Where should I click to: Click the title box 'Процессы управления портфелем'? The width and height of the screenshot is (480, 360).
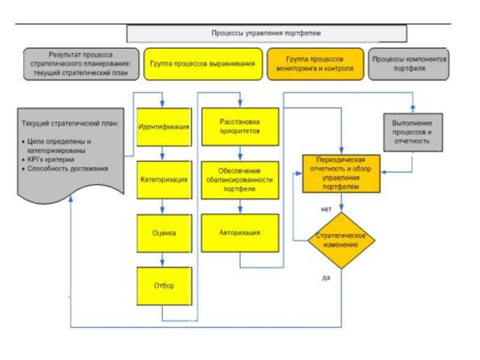point(266,34)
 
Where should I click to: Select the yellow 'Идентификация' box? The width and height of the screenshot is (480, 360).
point(164,127)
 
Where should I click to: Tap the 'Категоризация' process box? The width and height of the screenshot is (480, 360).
point(164,180)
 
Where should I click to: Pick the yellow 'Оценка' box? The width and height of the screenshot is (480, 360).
point(164,233)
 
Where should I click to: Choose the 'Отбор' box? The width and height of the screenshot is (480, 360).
point(164,286)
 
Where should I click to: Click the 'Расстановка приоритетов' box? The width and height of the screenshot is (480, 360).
point(240,127)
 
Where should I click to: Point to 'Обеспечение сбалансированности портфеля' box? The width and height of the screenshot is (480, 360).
point(240,180)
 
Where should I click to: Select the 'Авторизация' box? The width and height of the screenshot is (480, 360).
point(240,233)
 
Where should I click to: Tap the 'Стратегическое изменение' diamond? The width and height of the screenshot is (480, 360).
point(341,240)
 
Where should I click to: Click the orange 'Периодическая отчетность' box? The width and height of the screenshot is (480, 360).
point(341,174)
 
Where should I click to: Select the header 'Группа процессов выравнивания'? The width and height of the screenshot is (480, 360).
point(203,64)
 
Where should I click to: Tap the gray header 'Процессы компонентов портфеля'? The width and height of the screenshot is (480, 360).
point(410,64)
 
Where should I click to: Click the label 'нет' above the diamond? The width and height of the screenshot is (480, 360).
point(326,209)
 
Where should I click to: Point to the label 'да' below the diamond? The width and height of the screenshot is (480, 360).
point(326,277)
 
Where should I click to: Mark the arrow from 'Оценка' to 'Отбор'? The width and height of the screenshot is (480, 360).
point(162,260)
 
